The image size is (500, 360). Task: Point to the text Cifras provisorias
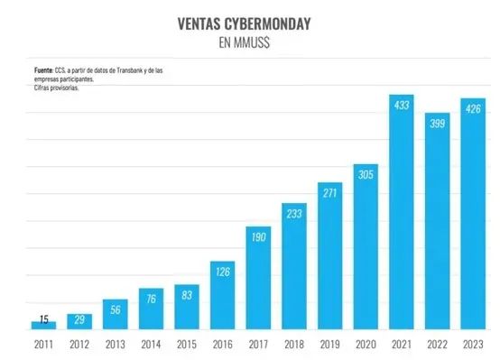pos(56,88)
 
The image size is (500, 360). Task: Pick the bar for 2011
pos(43,325)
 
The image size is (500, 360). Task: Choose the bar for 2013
pos(116,314)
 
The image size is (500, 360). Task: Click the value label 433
pos(402,106)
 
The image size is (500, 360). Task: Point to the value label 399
pos(438,122)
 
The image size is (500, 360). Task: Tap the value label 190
pos(259,236)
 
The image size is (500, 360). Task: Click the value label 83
pos(187,294)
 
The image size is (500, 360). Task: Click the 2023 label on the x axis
pos(473,344)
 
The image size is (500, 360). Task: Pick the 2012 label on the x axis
pos(79,344)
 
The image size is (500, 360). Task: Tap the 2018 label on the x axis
pos(294,344)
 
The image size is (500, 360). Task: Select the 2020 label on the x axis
pos(366,344)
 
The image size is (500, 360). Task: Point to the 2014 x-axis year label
pos(151,344)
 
